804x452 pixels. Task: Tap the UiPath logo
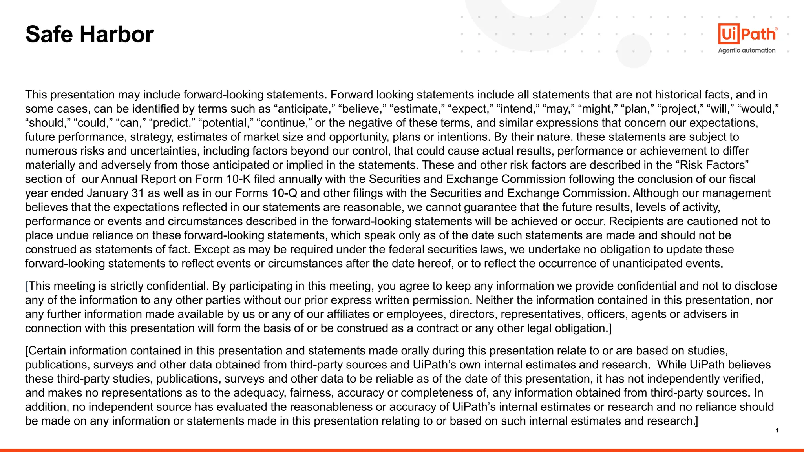click(747, 34)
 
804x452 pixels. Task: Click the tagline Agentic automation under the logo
click(747, 51)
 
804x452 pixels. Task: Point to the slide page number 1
click(777, 430)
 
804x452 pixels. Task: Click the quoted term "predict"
click(172, 123)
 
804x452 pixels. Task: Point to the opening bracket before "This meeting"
click(27, 286)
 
